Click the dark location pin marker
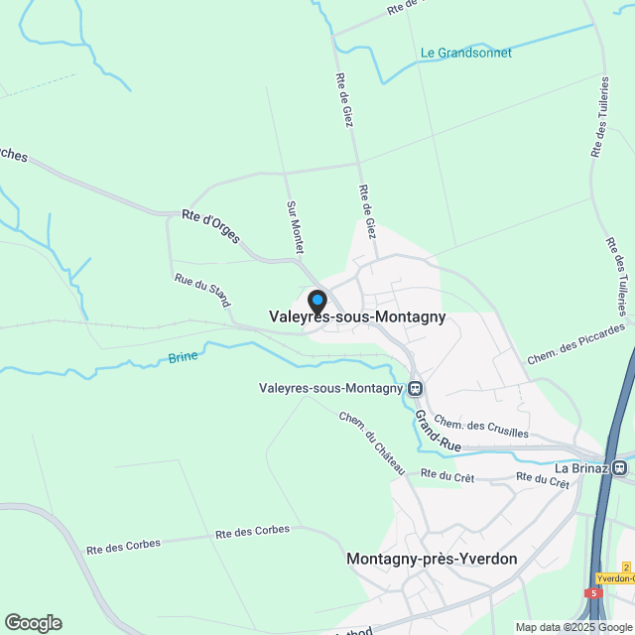tap(317, 301)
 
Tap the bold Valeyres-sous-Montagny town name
tap(357, 317)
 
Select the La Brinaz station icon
tap(620, 467)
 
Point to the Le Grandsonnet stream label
tap(466, 53)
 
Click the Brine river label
tap(183, 356)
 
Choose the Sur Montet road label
tap(294, 226)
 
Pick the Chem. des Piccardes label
tap(576, 342)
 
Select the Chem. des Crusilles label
tap(481, 427)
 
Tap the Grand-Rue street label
tap(438, 432)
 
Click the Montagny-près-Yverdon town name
tap(432, 559)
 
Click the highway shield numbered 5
tap(594, 592)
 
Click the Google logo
tap(33, 623)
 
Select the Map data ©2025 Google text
tap(572, 627)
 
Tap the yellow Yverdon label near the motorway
tap(615, 578)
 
